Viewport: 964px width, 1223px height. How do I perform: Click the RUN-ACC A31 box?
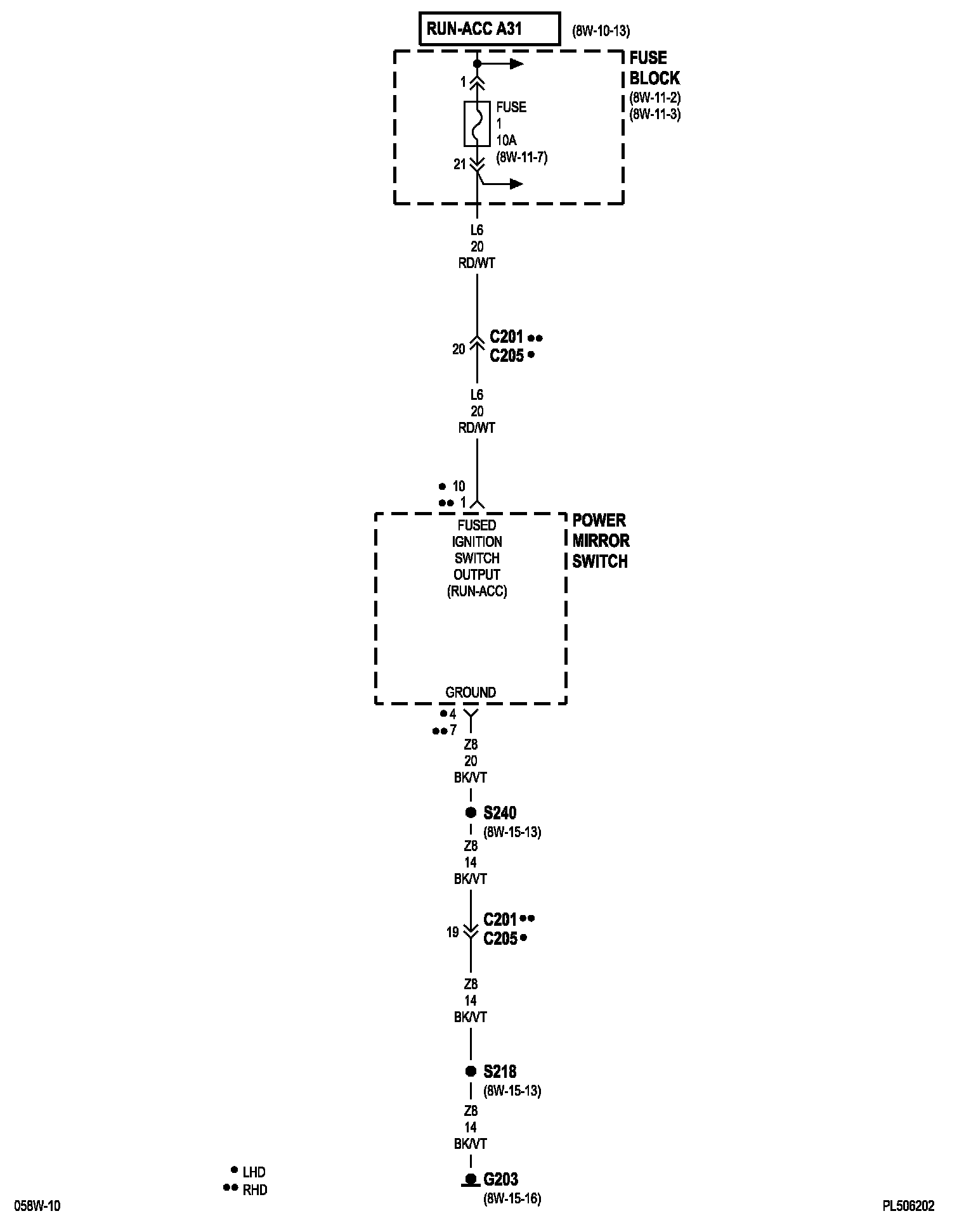(489, 29)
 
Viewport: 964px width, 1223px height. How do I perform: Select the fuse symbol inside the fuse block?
(477, 123)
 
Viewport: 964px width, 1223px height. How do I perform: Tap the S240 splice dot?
(471, 812)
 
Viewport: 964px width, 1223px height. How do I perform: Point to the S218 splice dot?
(471, 1071)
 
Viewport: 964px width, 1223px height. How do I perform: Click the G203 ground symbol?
(471, 1179)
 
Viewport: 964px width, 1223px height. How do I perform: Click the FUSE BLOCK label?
(654, 68)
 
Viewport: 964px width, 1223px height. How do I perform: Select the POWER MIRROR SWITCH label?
(601, 541)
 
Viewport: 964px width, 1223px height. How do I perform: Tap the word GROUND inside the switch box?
(471, 692)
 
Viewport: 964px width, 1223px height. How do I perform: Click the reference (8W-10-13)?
(601, 30)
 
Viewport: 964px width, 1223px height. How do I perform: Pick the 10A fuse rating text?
(507, 140)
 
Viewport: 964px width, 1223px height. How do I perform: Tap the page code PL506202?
(908, 1206)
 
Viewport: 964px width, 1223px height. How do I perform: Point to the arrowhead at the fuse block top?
(518, 63)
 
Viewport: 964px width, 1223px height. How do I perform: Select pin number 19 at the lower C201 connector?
(452, 932)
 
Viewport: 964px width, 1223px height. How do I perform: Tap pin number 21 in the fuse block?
(460, 164)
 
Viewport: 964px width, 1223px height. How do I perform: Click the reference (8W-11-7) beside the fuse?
(521, 157)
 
